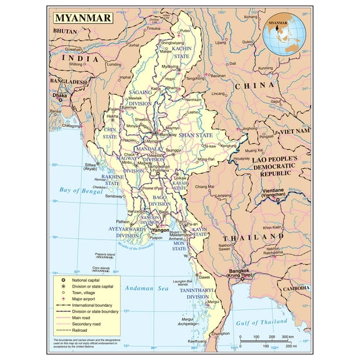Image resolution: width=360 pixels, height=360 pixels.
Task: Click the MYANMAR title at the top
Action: click(82, 17)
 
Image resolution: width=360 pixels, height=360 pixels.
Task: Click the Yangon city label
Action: click(159, 231)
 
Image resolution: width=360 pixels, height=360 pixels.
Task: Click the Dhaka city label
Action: click(59, 96)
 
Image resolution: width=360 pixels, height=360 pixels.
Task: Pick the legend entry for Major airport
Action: click(81, 298)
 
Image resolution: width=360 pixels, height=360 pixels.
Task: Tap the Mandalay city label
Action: click(167, 134)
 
